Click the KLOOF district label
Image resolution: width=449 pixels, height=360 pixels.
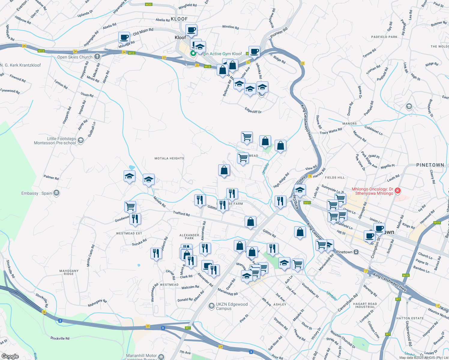pyautogui.click(x=179, y=19)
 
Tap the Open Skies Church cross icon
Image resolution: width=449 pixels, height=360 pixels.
pyautogui.click(x=97, y=57)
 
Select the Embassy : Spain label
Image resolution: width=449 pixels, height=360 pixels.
pyautogui.click(x=37, y=193)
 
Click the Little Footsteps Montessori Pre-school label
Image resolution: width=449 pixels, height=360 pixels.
pyautogui.click(x=55, y=141)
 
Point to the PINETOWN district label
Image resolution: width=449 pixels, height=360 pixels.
pyautogui.click(x=430, y=165)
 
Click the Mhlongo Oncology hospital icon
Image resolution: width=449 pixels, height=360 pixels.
pyautogui.click(x=398, y=190)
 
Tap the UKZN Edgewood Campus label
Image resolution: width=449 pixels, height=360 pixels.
pyautogui.click(x=232, y=306)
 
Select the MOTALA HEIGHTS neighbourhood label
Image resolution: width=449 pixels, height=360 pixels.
pyautogui.click(x=169, y=158)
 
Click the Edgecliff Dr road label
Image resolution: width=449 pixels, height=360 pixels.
pyautogui.click(x=253, y=110)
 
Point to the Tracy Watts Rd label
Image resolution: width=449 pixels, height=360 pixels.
pyautogui.click(x=331, y=131)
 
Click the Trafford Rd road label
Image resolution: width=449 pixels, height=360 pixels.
pyautogui.click(x=181, y=214)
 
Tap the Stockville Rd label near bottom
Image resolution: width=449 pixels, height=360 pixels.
pyautogui.click(x=60, y=338)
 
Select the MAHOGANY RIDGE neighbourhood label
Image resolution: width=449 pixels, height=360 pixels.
pyautogui.click(x=69, y=272)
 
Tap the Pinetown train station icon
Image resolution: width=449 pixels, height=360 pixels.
pyautogui.click(x=356, y=252)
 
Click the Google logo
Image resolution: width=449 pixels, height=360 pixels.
pyautogui.click(x=10, y=356)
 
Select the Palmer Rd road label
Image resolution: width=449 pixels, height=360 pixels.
pyautogui.click(x=51, y=177)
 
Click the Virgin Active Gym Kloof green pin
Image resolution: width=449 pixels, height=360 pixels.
pyautogui.click(x=193, y=53)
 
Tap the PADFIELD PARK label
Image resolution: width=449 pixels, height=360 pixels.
pyautogui.click(x=384, y=37)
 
